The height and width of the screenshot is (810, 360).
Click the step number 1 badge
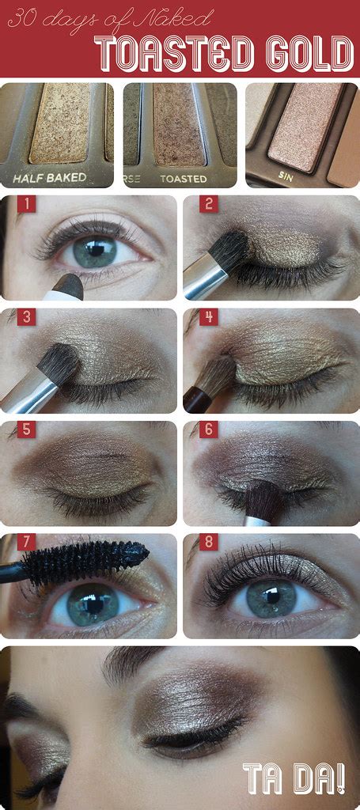(28, 205)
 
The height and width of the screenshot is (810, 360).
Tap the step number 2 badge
(209, 205)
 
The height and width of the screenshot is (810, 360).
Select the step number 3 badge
(28, 318)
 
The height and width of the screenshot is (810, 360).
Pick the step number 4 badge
(209, 318)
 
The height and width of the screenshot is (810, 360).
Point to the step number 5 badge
(28, 431)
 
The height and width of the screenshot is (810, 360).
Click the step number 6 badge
(209, 431)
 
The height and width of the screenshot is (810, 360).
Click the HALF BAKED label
(55, 177)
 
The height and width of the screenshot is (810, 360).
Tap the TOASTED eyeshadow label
(183, 178)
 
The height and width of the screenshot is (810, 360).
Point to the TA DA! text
(294, 778)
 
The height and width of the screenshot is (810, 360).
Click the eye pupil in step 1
(97, 251)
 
